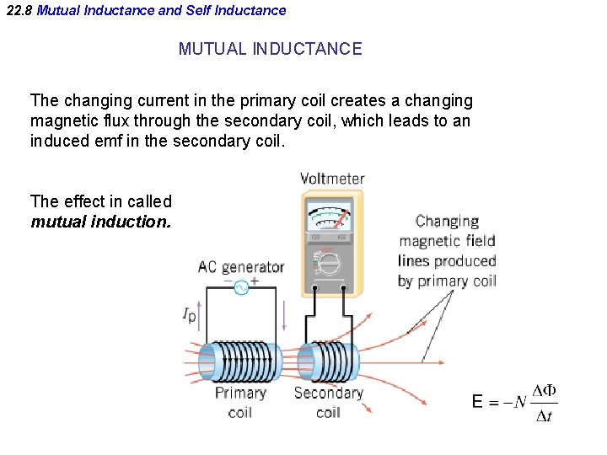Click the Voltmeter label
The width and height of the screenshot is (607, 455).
pos(332,179)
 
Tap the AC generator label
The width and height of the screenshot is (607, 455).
pos(240,267)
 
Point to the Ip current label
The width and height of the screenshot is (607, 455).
pos(190,315)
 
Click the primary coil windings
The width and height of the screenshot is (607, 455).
pos(240,361)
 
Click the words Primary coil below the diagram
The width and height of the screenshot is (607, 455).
pos(240,402)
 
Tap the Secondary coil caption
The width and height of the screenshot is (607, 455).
pos(328,402)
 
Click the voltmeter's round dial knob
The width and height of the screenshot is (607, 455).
pos(330,262)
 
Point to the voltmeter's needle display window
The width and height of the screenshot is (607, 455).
pos(330,217)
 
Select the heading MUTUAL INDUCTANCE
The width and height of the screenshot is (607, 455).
pos(270,49)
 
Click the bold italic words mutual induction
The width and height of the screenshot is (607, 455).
pos(100,222)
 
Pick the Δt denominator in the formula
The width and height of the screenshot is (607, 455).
pos(544,415)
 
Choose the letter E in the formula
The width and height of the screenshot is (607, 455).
pos(478,402)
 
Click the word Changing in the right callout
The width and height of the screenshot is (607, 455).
pos(447,222)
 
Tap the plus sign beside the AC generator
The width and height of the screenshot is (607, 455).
pos(255,281)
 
